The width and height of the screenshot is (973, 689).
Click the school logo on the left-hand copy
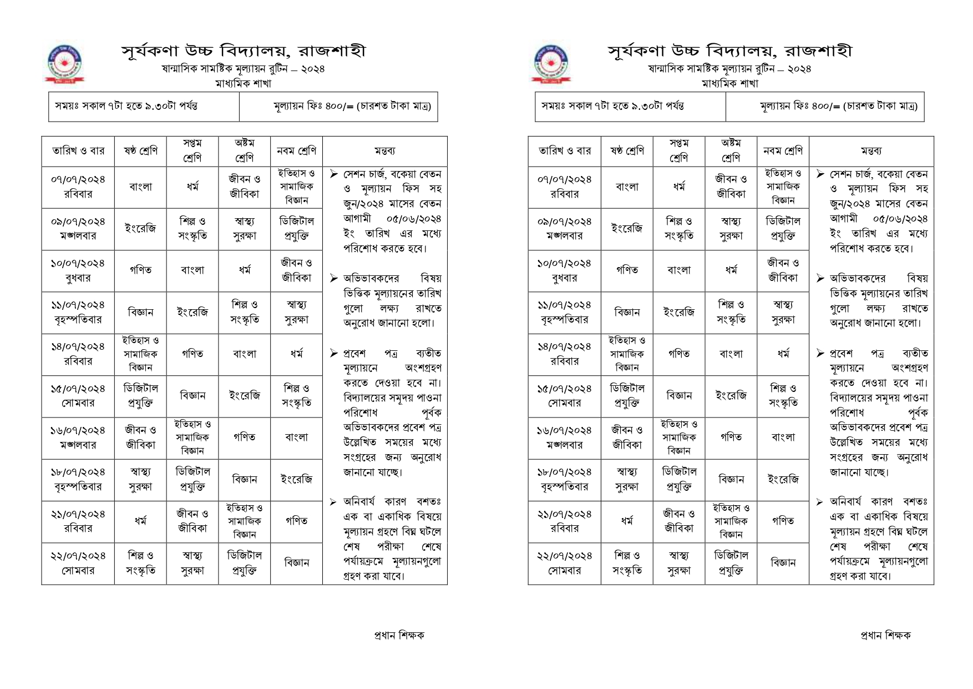(x=64, y=64)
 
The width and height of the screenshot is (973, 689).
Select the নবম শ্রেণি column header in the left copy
(x=296, y=151)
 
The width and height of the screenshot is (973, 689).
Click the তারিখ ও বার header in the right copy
(x=564, y=151)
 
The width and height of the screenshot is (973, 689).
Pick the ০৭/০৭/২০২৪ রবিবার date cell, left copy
(x=78, y=187)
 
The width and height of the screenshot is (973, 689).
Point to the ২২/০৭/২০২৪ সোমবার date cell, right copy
(x=564, y=563)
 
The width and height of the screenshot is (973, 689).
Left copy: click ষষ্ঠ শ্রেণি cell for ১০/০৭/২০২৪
(x=140, y=270)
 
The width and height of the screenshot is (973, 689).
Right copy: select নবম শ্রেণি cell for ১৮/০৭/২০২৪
(x=783, y=480)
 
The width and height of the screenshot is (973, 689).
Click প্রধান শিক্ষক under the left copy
(x=399, y=635)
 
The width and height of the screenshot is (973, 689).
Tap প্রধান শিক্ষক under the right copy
(x=885, y=635)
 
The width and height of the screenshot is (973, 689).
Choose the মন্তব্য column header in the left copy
(x=384, y=151)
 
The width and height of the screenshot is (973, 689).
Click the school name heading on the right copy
(x=729, y=51)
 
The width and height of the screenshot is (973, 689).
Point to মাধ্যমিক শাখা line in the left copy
(x=244, y=84)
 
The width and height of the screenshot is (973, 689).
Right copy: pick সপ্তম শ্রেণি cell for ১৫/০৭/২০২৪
(x=679, y=396)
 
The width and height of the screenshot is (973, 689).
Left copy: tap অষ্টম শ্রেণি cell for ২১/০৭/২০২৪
(x=245, y=521)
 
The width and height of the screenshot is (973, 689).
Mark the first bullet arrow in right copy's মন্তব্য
(x=820, y=174)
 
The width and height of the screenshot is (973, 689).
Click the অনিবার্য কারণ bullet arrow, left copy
(x=333, y=502)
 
